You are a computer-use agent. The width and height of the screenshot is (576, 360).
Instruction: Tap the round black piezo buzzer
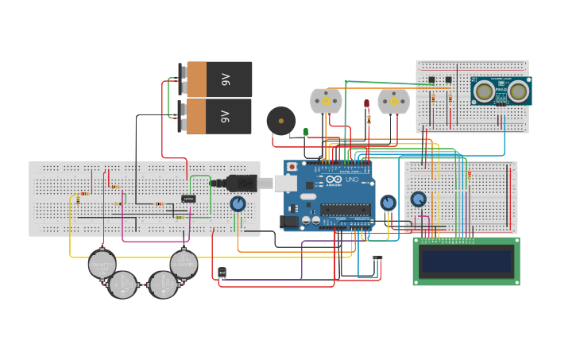click(280, 121)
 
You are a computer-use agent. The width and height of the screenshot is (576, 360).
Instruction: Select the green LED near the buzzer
click(305, 132)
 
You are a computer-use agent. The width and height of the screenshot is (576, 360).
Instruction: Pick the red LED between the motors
click(366, 103)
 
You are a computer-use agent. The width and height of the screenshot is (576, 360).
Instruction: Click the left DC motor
click(326, 101)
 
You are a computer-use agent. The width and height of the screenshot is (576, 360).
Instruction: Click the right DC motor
click(393, 101)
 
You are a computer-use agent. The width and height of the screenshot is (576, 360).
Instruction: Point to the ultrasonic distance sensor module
click(501, 91)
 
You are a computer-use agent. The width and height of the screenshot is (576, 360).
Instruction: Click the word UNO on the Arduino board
click(352, 181)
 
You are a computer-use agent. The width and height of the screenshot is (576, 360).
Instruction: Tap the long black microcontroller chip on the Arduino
click(345, 210)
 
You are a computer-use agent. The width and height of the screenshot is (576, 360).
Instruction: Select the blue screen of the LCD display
click(466, 261)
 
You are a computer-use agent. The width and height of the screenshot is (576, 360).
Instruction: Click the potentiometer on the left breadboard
click(238, 204)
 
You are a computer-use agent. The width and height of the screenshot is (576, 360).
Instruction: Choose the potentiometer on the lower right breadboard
click(418, 199)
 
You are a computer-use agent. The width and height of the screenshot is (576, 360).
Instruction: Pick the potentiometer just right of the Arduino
click(388, 203)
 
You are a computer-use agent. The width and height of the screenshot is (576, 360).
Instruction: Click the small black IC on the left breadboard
click(188, 199)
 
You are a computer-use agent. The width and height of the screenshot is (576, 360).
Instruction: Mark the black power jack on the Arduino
click(290, 223)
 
